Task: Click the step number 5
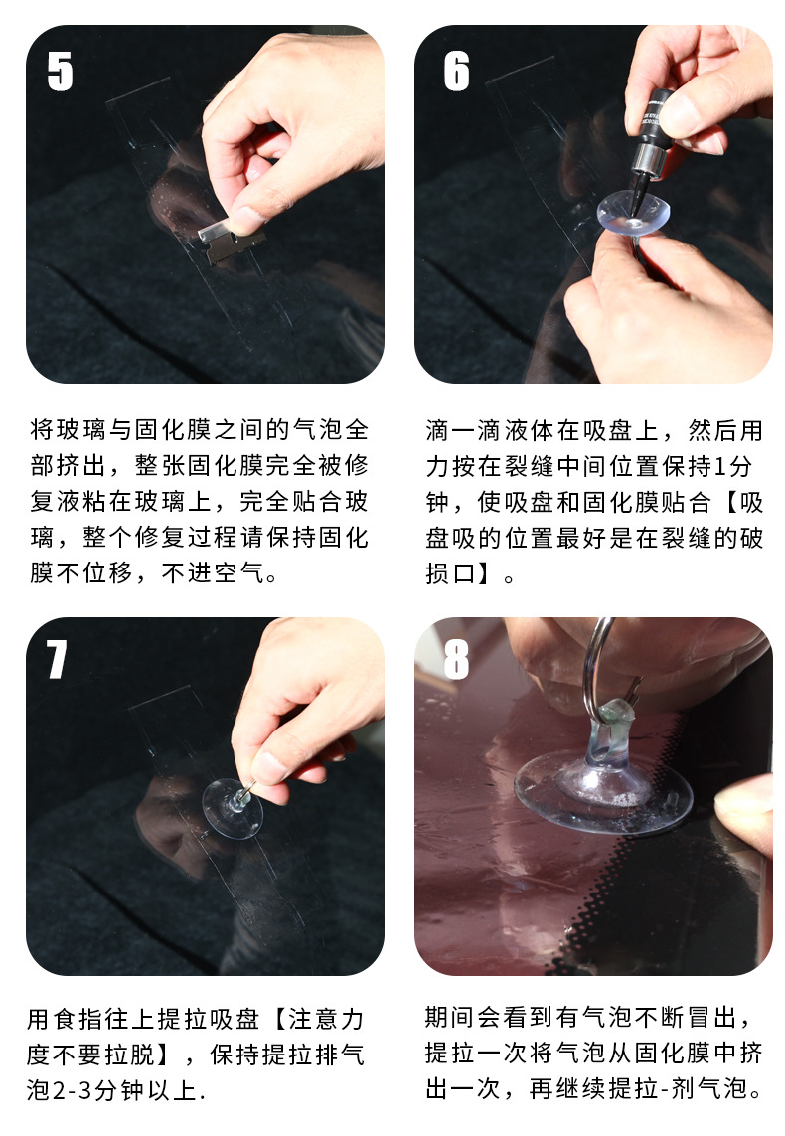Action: [x=61, y=72]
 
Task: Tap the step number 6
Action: [x=456, y=72]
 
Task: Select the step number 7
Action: [x=58, y=658]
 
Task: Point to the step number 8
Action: [x=455, y=658]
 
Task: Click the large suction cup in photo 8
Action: [x=601, y=790]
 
